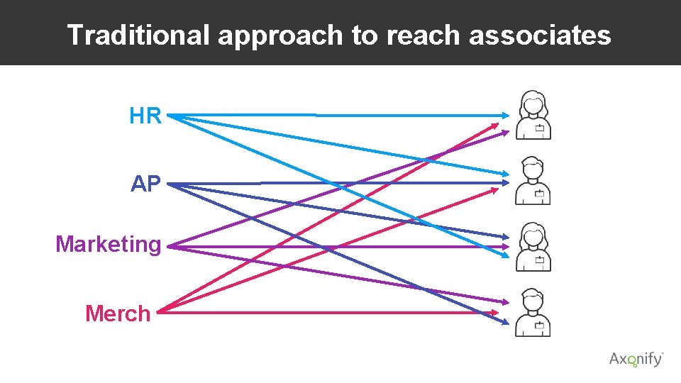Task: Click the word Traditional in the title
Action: click(x=138, y=35)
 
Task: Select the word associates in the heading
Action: click(x=539, y=35)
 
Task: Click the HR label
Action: click(x=145, y=116)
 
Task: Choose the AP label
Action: click(x=146, y=184)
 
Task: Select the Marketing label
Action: click(x=109, y=245)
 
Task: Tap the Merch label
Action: click(x=118, y=313)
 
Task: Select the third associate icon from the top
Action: click(x=533, y=247)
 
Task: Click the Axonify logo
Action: click(x=636, y=359)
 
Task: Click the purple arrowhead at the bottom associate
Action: click(x=504, y=302)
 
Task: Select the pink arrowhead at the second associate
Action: click(x=495, y=189)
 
